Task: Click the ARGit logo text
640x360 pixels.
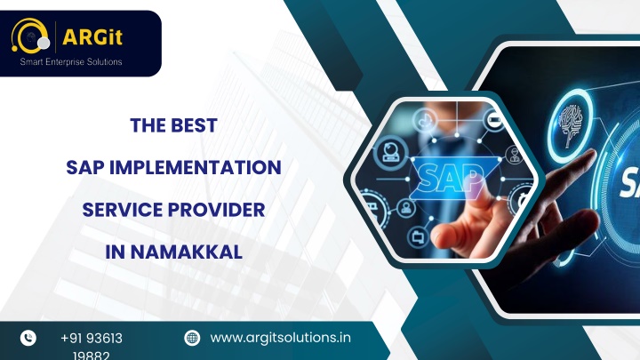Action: (x=92, y=37)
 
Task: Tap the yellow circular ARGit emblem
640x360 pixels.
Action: (x=30, y=36)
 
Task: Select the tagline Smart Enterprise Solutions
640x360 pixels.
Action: (x=71, y=61)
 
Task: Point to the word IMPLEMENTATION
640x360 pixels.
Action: (x=196, y=167)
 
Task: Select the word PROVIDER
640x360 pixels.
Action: (x=216, y=210)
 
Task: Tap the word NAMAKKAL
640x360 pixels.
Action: (x=186, y=252)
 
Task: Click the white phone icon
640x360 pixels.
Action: (x=28, y=338)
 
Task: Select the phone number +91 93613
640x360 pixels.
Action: (x=92, y=339)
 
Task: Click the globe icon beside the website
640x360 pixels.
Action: (x=192, y=338)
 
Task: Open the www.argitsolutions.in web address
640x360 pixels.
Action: (x=280, y=338)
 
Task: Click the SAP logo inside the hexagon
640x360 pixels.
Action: (x=450, y=178)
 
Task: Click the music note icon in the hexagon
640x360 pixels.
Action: (x=425, y=120)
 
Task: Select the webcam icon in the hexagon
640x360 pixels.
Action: (x=390, y=152)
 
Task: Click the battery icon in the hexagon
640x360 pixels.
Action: (x=494, y=120)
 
